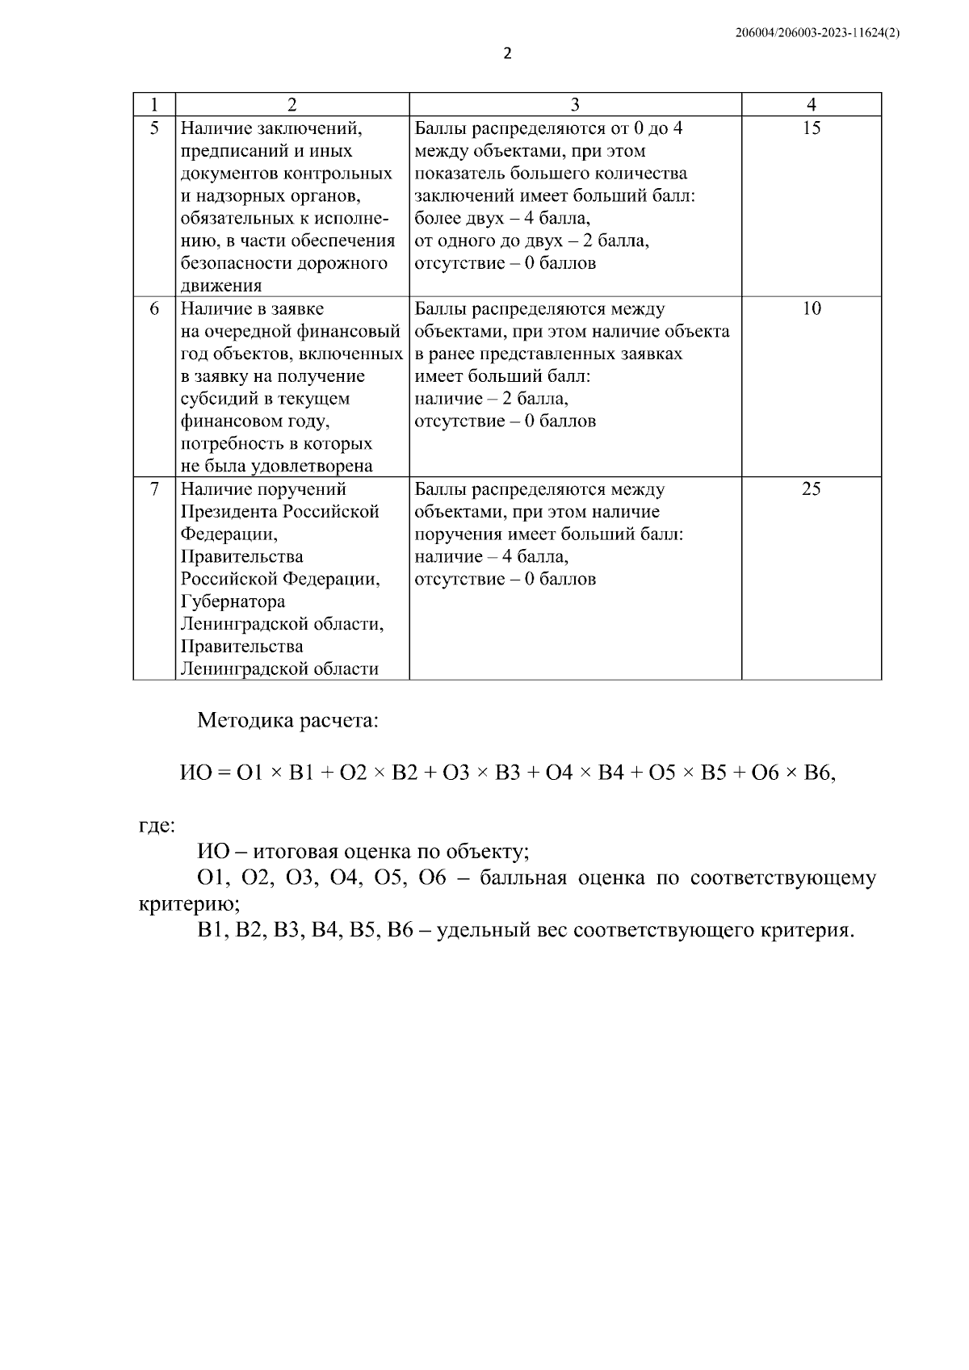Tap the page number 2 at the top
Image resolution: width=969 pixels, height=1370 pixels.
tap(507, 54)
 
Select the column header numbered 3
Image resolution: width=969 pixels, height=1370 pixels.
tap(575, 104)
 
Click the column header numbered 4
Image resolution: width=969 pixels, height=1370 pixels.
tap(812, 104)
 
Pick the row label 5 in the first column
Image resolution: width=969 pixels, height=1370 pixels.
tap(154, 128)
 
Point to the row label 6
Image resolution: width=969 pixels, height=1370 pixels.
tap(154, 308)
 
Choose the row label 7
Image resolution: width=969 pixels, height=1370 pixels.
tap(154, 488)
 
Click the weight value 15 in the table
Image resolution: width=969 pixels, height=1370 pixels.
tap(812, 128)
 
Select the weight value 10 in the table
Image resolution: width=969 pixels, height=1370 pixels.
tap(812, 308)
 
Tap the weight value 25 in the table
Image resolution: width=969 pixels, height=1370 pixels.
tap(812, 488)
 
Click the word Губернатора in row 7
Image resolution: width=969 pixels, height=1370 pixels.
tap(233, 601)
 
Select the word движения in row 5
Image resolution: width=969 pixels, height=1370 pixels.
tap(221, 286)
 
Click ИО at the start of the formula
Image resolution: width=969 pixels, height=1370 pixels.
tap(195, 773)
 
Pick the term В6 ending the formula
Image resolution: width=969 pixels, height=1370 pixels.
tap(816, 773)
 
